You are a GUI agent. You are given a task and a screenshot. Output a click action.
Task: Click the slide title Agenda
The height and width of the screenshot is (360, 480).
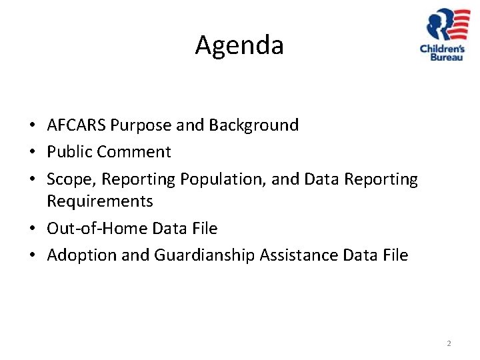(239, 45)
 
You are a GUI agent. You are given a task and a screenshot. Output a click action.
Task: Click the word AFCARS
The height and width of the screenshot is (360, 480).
(77, 125)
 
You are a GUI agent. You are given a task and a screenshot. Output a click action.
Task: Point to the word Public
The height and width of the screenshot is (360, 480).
(69, 152)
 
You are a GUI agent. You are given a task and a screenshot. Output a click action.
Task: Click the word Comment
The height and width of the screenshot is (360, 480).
(134, 152)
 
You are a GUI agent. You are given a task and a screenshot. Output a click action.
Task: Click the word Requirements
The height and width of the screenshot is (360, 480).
(100, 201)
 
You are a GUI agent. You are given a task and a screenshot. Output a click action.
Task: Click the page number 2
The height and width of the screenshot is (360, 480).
(449, 343)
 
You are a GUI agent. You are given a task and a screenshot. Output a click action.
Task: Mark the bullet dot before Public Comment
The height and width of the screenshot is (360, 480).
(32, 153)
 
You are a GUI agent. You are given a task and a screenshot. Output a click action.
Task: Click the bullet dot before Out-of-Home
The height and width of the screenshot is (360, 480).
(32, 229)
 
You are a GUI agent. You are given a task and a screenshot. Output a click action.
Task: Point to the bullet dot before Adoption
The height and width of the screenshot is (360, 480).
(32, 256)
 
